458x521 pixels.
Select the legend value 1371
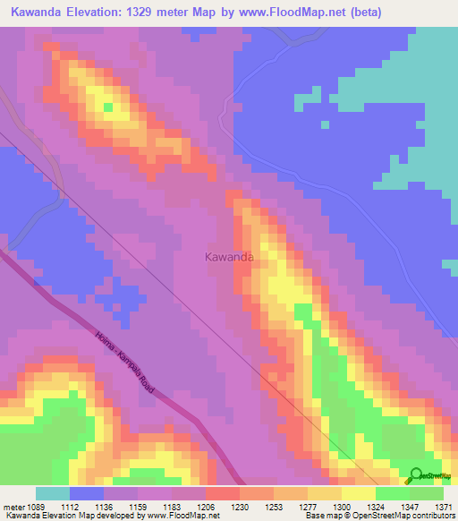click(x=443, y=507)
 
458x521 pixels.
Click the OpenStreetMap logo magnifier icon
click(x=415, y=476)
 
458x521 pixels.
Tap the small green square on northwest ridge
click(x=108, y=107)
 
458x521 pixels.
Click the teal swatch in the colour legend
click(x=53, y=493)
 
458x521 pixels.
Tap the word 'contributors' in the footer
click(x=430, y=516)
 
